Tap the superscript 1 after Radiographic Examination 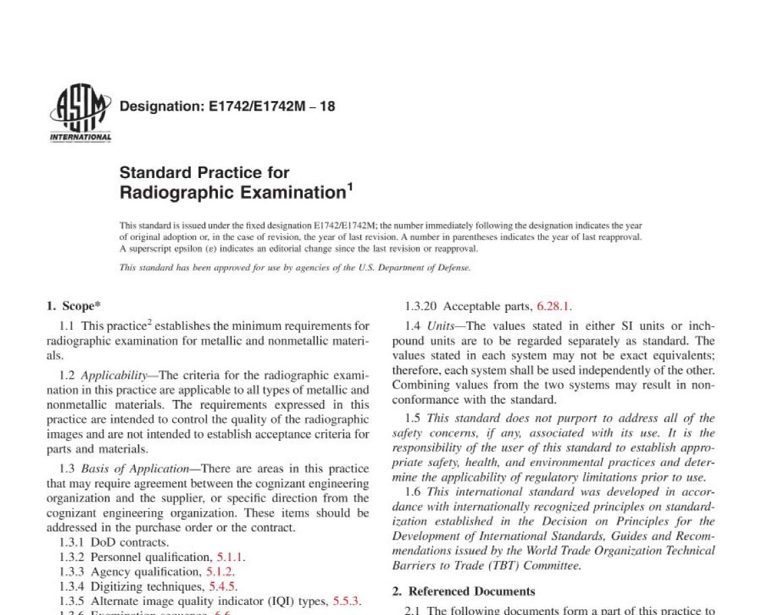coord(350,187)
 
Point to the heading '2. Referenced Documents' coord(463,591)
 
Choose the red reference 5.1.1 coord(231,557)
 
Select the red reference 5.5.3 coord(347,601)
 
